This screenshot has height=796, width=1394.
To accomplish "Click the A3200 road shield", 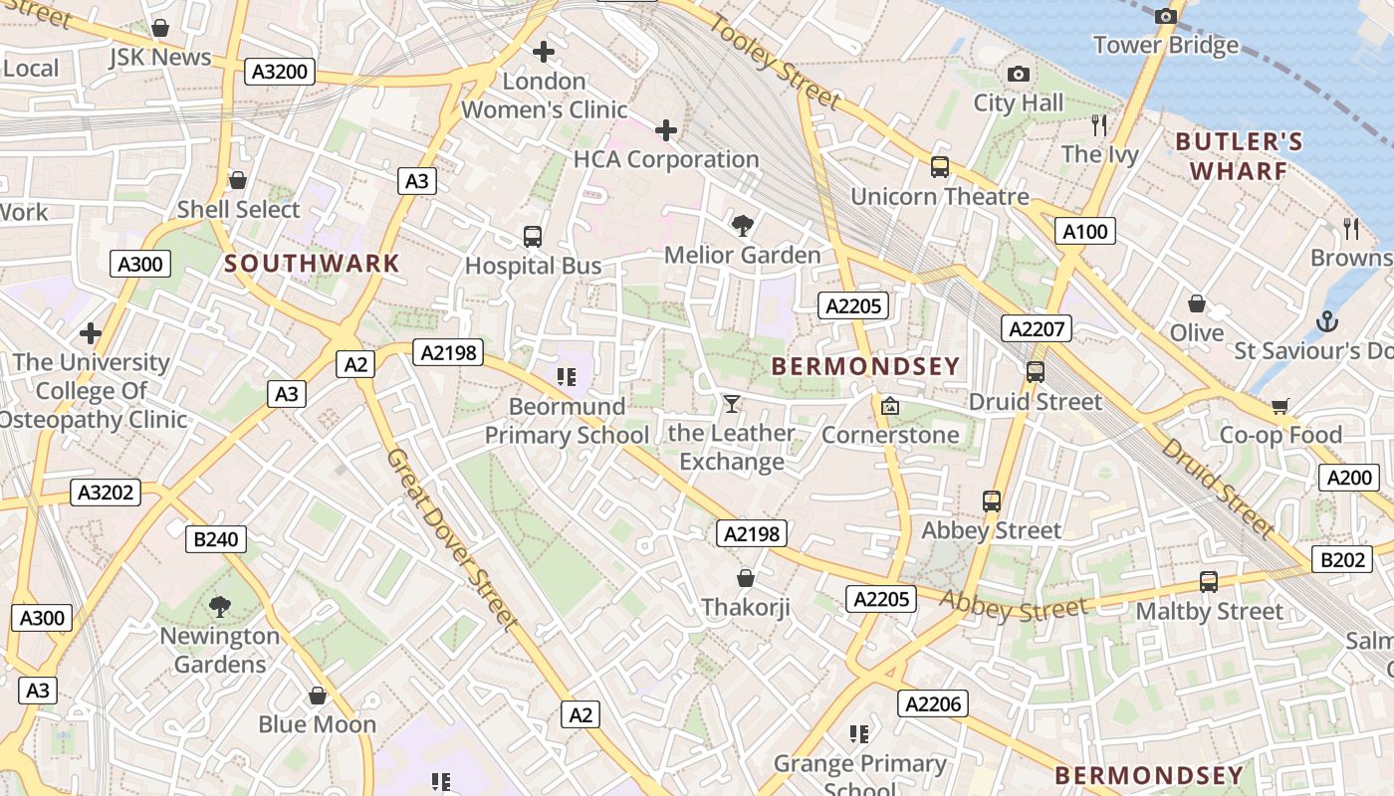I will tap(280, 72).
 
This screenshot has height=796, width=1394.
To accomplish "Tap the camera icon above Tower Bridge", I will tap(1166, 16).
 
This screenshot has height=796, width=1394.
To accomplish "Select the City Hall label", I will tap(1018, 102).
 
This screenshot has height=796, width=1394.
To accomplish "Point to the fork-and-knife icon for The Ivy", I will tap(1099, 124).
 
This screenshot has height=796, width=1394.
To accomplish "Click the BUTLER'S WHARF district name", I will tap(1239, 156).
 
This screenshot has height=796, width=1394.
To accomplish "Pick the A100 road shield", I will tap(1084, 232).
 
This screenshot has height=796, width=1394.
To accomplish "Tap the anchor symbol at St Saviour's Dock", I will tap(1326, 321).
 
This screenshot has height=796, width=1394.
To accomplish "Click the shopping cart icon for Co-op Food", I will tap(1280, 406).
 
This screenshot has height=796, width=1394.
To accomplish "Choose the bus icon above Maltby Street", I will tap(1209, 581).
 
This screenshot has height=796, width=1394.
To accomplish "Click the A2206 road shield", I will tap(933, 704).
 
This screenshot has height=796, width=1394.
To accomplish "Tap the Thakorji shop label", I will tap(745, 607).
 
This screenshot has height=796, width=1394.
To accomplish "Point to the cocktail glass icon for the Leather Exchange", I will tap(732, 403).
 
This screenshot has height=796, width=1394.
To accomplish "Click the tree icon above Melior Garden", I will tap(742, 225).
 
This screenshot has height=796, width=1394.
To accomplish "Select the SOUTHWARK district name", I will tap(312, 264).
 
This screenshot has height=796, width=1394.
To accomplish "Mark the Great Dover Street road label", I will tap(453, 538).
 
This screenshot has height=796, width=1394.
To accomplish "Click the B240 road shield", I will tap(215, 539).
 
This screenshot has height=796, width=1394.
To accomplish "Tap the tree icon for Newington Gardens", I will tap(220, 606).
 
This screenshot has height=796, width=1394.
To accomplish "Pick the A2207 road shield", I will tap(1037, 329).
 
